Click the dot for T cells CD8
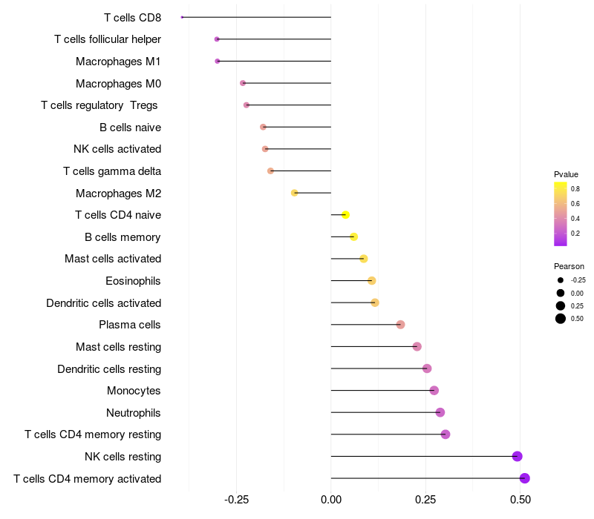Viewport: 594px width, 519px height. click(182, 17)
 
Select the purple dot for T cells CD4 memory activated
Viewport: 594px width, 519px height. click(525, 478)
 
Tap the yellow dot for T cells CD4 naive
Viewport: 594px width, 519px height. click(345, 215)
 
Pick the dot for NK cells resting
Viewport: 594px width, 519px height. click(517, 456)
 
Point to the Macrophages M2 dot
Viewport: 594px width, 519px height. click(294, 193)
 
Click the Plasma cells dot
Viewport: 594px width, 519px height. click(400, 325)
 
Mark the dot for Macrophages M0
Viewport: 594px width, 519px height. click(243, 83)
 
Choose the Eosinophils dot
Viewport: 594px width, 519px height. click(372, 281)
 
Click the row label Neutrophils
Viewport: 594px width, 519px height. click(134, 413)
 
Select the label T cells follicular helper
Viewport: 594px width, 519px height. click(108, 39)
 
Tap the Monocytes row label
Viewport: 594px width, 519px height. click(134, 391)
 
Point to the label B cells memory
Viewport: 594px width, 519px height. click(123, 237)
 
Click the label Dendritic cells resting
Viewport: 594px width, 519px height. click(109, 369)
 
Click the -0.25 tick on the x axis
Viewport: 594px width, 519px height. click(236, 500)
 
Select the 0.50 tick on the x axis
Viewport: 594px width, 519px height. click(520, 500)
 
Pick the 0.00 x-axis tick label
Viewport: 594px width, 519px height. click(331, 500)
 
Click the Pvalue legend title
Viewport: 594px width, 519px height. click(566, 174)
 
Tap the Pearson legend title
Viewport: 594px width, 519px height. click(569, 266)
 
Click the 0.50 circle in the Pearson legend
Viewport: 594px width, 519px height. click(561, 319)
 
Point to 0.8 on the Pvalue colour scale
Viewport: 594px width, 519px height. click(575, 189)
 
